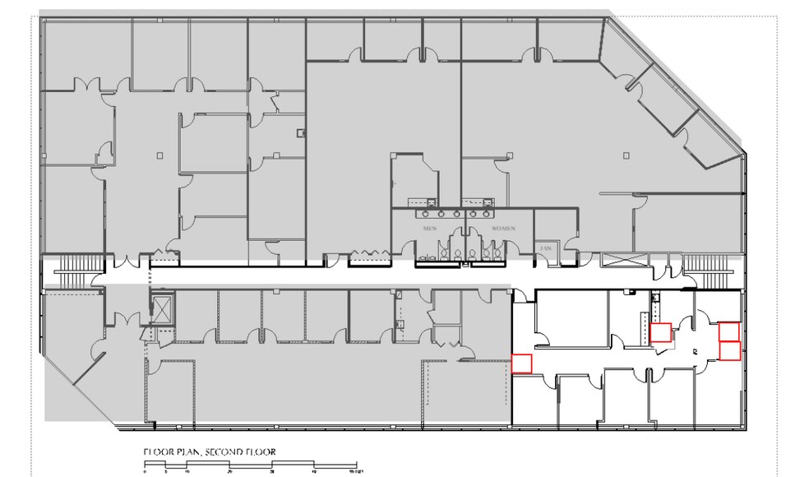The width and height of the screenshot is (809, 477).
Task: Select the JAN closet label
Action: (544, 247)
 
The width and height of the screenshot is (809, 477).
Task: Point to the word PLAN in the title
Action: (185, 452)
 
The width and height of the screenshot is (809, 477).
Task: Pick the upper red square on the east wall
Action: (729, 331)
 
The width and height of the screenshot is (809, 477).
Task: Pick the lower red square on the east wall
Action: (729, 350)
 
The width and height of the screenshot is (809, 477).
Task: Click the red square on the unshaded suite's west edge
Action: (522, 363)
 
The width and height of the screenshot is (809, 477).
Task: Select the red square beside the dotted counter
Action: (660, 332)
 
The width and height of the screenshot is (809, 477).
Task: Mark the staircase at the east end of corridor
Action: (704, 263)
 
